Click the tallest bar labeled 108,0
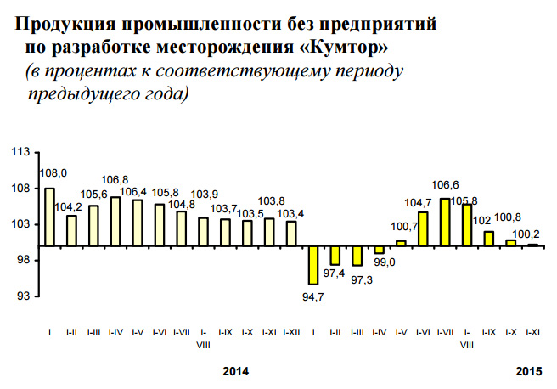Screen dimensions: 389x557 pyautogui.click(x=49, y=217)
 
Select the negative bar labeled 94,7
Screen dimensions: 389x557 pyautogui.click(x=313, y=265)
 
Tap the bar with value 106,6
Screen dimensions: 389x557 pyautogui.click(x=446, y=222)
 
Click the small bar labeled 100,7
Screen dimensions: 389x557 pyautogui.click(x=402, y=243)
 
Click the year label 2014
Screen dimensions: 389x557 pyautogui.click(x=236, y=371)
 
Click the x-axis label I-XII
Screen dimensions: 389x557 pyautogui.click(x=290, y=331)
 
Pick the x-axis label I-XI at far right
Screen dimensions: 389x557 pyautogui.click(x=534, y=331)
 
